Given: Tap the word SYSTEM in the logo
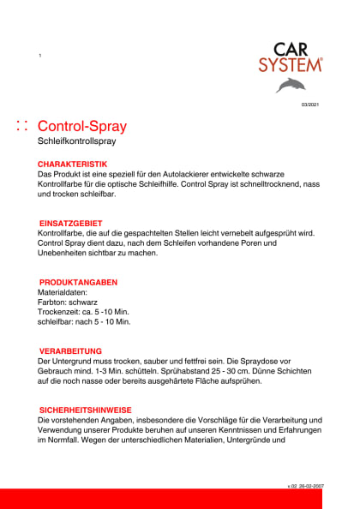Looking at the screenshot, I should click(x=291, y=64).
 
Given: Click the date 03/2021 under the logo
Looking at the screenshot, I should click(x=309, y=105).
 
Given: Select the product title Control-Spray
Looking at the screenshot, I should click(x=82, y=127).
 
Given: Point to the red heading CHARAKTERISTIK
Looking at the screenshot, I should click(x=73, y=163).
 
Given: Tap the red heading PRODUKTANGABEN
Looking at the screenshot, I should click(x=79, y=282).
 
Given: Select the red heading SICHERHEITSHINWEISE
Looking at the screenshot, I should click(x=86, y=410).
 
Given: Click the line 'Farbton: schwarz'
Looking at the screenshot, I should click(x=69, y=302).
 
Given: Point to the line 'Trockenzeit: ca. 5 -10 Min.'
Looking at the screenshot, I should click(x=84, y=312).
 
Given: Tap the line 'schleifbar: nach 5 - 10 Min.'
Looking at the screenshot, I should click(x=85, y=322).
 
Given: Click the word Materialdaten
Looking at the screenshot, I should click(x=63, y=292).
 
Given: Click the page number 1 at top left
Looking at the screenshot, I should click(x=39, y=56).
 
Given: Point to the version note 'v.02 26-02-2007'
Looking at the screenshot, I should click(x=305, y=485).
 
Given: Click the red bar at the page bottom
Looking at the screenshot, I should click(x=180, y=499).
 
